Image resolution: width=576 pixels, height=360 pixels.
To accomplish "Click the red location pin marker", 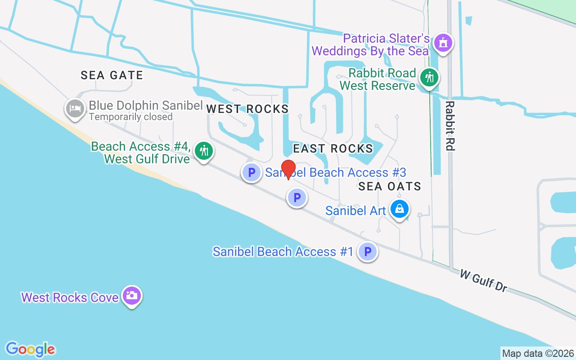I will point(288,169).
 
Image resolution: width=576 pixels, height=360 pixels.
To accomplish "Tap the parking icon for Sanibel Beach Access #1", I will point(368,252).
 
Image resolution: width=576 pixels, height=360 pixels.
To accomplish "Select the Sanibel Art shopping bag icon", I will point(399,209).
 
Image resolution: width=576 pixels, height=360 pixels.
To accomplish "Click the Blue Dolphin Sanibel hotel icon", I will point(75,109).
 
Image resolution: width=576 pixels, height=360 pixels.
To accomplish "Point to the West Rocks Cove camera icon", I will point(131,296).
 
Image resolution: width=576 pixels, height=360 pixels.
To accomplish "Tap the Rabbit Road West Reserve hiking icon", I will point(429,78).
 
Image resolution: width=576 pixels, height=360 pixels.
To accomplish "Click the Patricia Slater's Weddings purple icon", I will point(443,43).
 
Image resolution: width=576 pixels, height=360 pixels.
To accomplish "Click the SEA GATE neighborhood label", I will point(112,75).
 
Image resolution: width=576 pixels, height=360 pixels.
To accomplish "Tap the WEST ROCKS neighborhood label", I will point(247,109).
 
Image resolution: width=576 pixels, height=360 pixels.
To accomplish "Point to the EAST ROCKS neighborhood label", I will point(333,148).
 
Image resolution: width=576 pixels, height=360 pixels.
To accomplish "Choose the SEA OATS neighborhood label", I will point(390,186).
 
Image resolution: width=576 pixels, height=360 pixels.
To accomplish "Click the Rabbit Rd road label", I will point(450,126).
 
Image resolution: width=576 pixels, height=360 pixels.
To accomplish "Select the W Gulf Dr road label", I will point(483,280).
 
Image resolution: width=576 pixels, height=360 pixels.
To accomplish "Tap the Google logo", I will point(30,349).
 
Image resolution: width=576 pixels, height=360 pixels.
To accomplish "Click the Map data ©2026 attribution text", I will point(538,353).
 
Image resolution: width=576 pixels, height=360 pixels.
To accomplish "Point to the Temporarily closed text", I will point(130,117).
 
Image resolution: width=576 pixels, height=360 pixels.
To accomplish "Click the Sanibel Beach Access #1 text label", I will point(283,252).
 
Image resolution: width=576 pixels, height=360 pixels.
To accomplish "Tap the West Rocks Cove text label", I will point(70,297).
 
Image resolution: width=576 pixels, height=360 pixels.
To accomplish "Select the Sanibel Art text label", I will point(355,210).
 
